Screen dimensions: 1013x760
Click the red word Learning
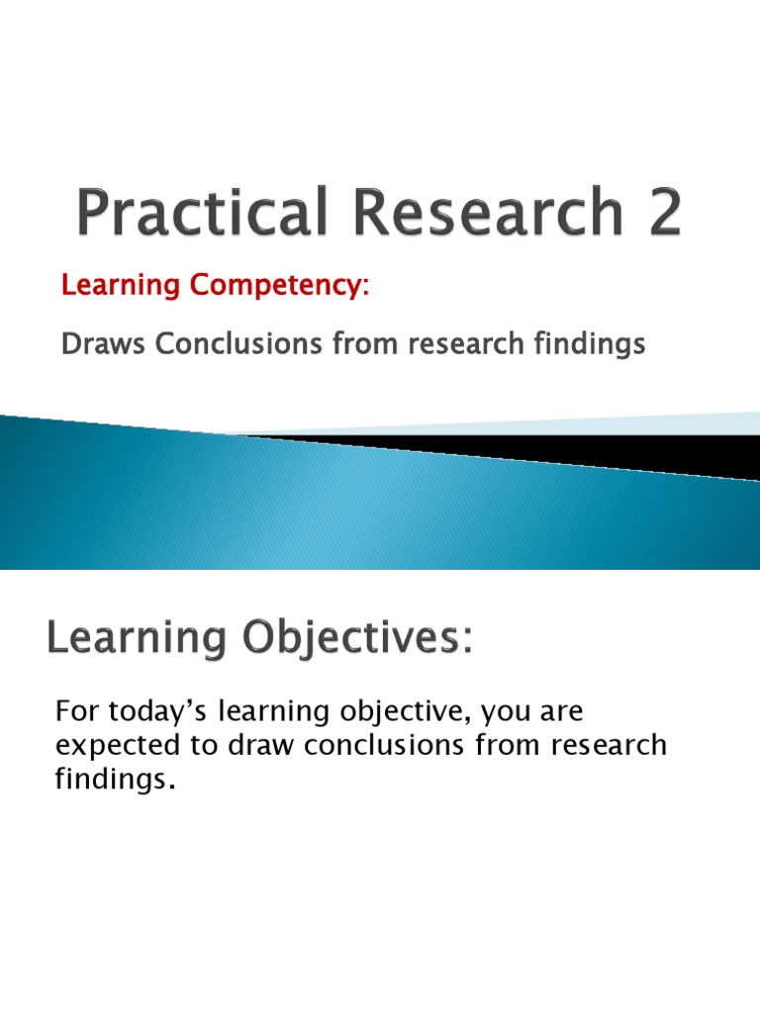[118, 287]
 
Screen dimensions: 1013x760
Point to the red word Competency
[275, 287]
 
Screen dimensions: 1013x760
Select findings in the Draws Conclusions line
[590, 344]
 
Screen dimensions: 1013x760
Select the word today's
[147, 711]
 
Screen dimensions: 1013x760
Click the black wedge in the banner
[594, 449]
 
